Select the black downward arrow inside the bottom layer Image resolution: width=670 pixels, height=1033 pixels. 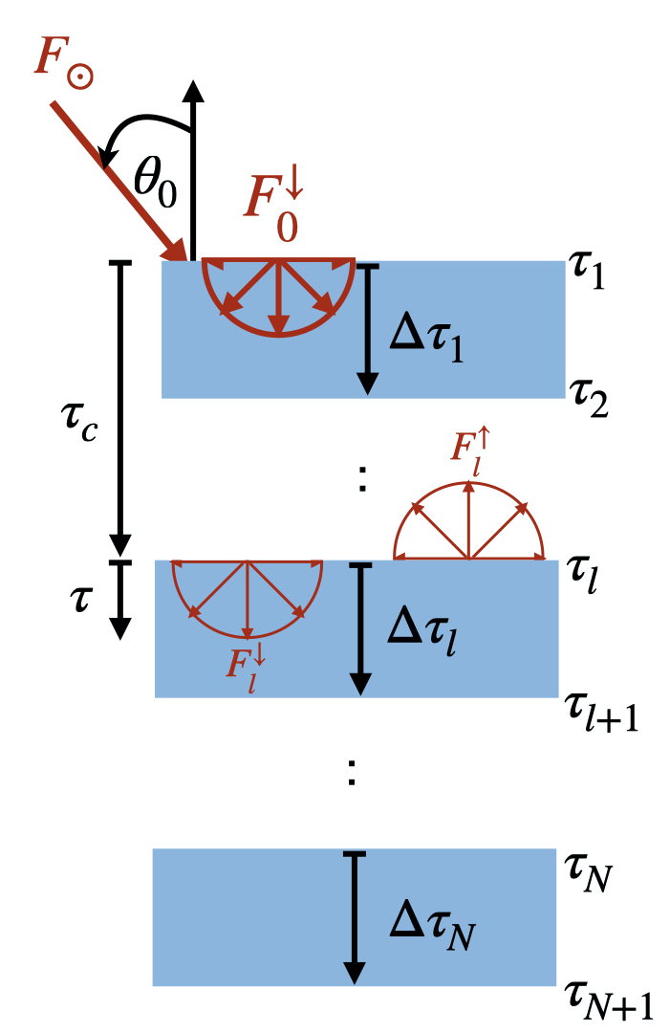point(355,918)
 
